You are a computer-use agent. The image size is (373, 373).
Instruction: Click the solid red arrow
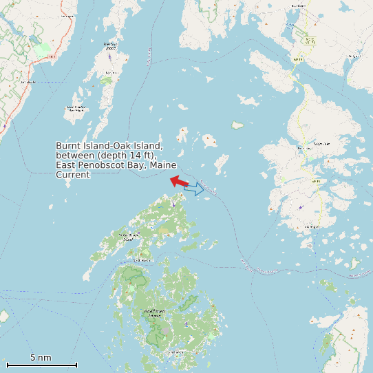tap(179, 182)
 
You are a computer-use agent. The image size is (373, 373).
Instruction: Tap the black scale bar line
tap(41, 365)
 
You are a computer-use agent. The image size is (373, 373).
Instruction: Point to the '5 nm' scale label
tap(41, 358)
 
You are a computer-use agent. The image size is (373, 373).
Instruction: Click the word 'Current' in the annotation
tap(72, 175)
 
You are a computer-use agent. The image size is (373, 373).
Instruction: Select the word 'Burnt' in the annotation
tap(67, 146)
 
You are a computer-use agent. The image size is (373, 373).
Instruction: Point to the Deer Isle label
tap(321, 144)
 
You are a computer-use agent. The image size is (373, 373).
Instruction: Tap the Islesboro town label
tap(110, 45)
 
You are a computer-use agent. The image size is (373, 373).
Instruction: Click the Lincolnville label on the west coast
tap(28, 82)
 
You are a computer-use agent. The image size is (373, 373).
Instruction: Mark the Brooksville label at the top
tap(297, 6)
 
